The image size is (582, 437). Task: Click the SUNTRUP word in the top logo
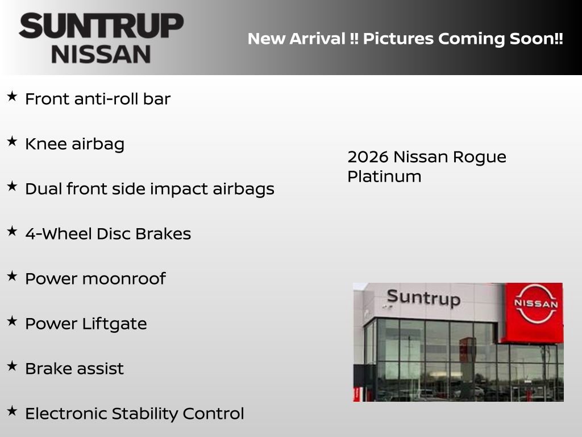tap(101, 26)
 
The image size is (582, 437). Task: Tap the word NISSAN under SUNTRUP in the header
tap(101, 54)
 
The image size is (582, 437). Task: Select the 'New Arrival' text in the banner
tap(296, 39)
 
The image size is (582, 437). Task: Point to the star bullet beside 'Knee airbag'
tap(12, 142)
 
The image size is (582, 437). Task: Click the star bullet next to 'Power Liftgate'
tap(12, 321)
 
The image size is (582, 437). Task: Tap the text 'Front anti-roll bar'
tap(98, 99)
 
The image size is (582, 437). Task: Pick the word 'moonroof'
tap(124, 279)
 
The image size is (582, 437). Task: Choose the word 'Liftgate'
tap(115, 324)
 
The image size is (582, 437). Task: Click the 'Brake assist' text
tap(74, 369)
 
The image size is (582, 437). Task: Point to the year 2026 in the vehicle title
tap(367, 157)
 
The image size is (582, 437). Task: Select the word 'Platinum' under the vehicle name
tap(384, 176)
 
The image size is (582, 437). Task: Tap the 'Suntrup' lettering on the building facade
tap(423, 298)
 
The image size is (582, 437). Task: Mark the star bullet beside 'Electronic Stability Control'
tap(12, 411)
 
